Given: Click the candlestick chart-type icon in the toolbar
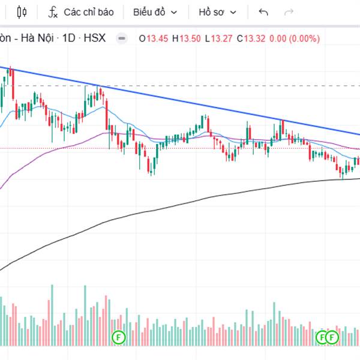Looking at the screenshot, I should pos(22,12).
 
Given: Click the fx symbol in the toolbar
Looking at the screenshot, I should pos(53,12).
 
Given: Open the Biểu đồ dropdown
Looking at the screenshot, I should pos(155,12).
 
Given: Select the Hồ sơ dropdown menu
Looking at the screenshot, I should pos(217,12).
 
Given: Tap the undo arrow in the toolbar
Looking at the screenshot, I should pos(263,12).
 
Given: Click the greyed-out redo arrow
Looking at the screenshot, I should pos(289,12).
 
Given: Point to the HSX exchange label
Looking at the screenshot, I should pos(94,38).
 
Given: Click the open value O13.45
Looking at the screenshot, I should pos(154,38).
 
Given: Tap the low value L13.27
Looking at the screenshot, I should pos(218,38).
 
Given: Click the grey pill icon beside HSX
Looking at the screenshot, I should pos(122,38).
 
